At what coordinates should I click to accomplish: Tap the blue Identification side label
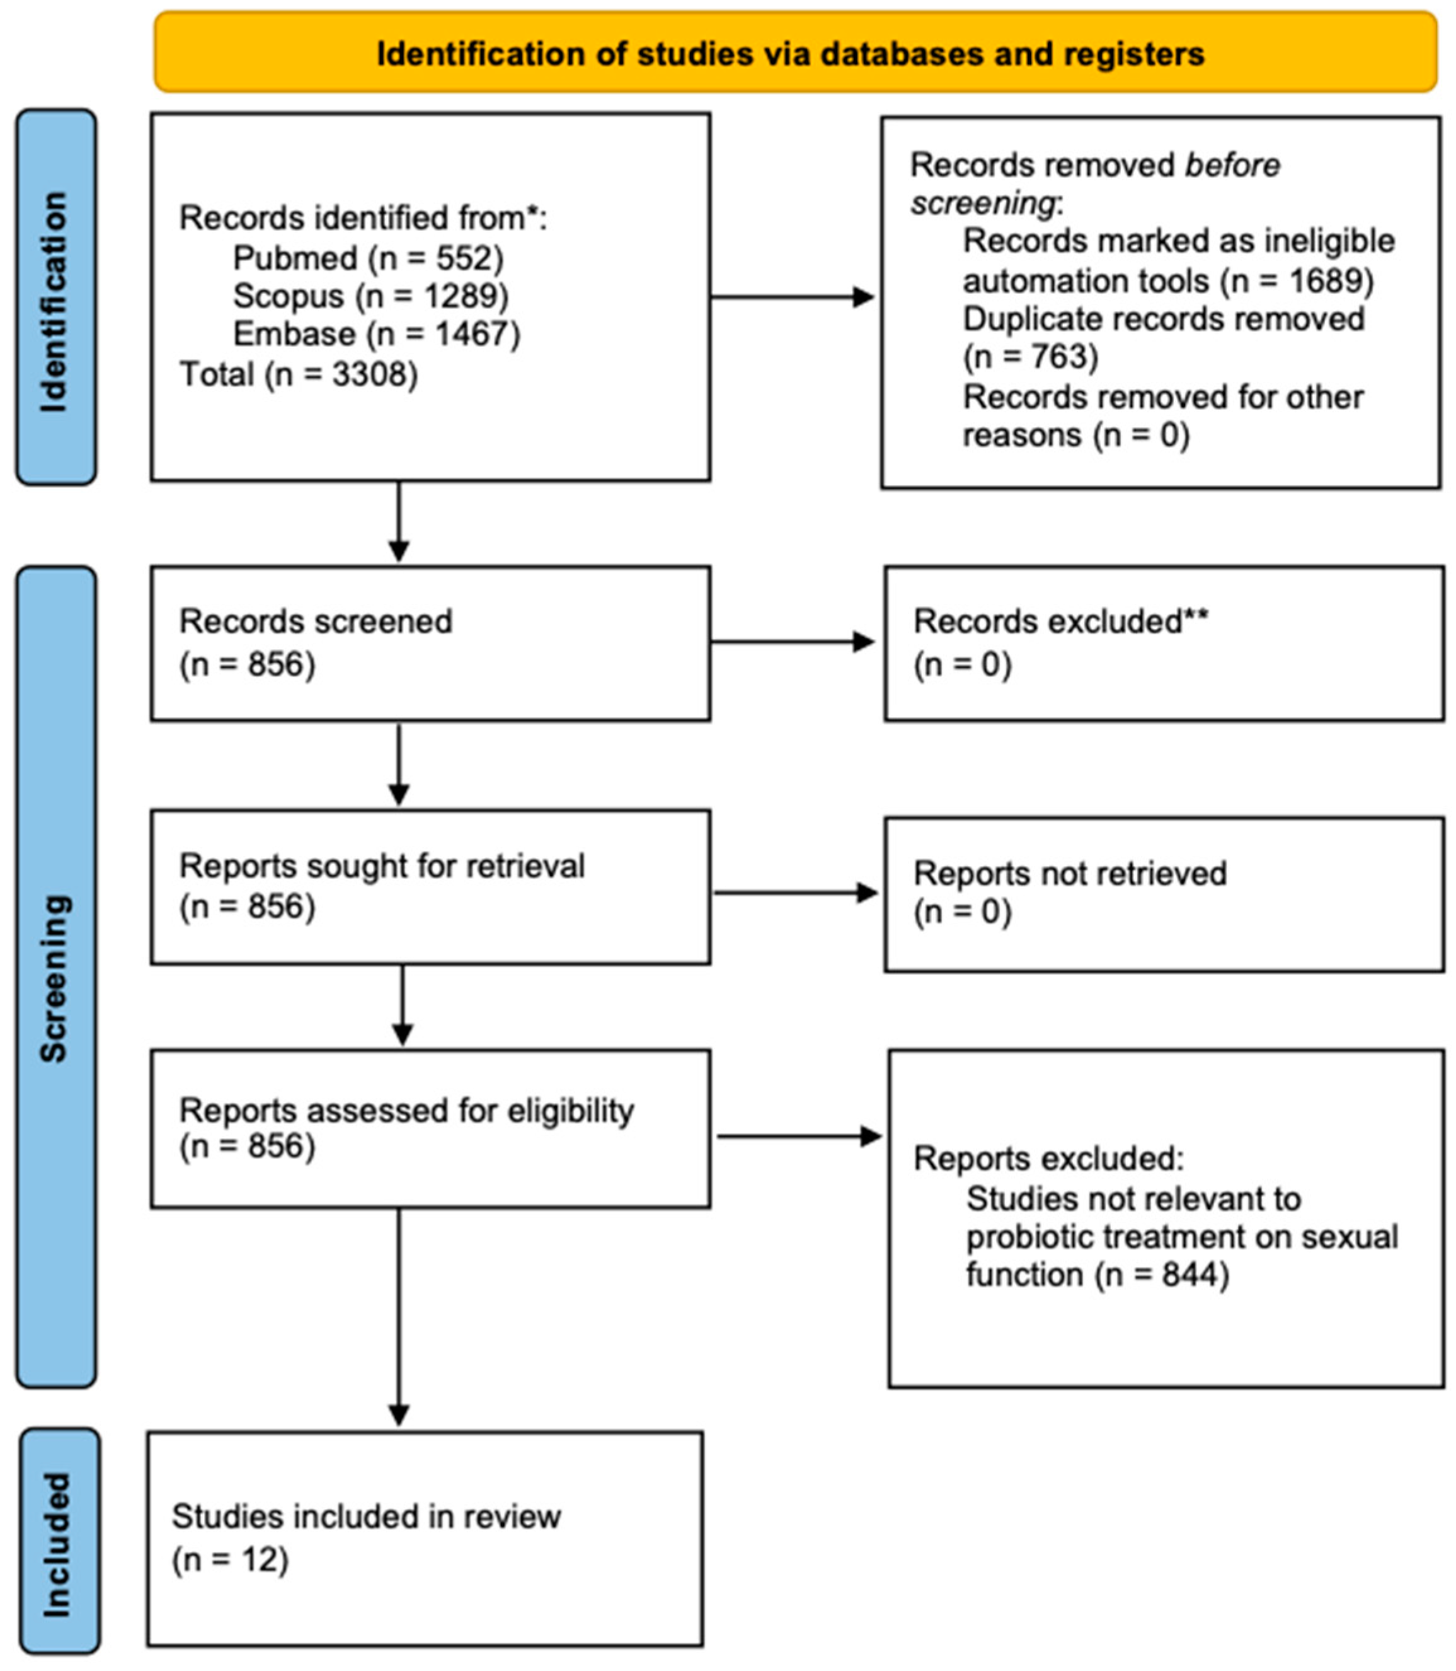(55, 299)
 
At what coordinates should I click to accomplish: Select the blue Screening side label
(55, 978)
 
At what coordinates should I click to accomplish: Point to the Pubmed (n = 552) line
(367, 258)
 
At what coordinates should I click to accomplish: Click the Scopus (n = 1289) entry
(370, 296)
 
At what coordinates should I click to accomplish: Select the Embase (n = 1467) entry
(376, 334)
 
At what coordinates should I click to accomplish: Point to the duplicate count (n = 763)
(1030, 357)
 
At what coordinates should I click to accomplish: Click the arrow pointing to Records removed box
(792, 298)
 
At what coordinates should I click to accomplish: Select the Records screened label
(315, 622)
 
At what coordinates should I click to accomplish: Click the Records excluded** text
(1060, 622)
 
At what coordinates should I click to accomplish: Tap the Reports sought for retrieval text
(381, 866)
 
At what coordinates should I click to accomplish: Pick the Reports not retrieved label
(1069, 874)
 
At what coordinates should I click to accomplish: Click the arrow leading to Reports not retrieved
(796, 893)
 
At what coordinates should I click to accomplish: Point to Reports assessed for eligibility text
(406, 1110)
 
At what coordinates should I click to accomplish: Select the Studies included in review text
(365, 1517)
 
